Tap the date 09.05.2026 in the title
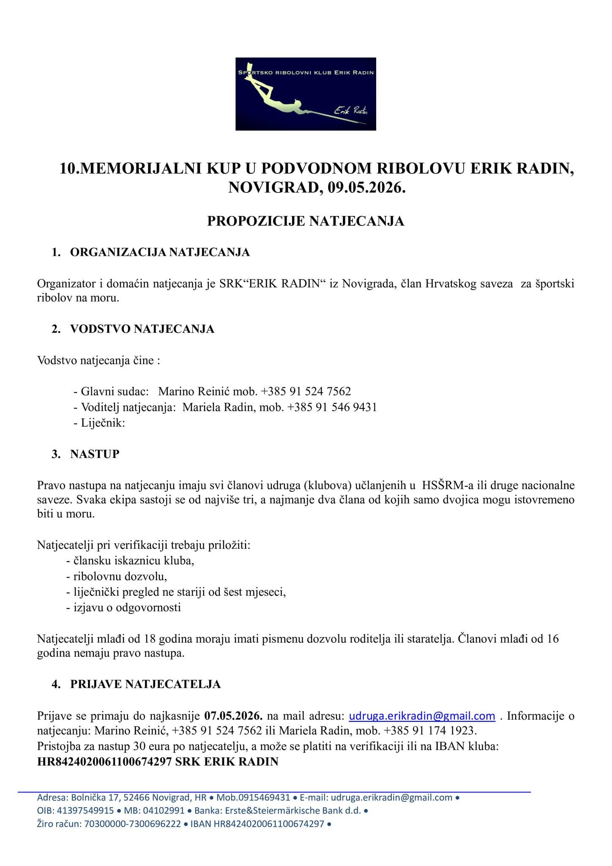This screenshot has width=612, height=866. point(366,187)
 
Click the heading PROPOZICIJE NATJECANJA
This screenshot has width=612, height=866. point(306,221)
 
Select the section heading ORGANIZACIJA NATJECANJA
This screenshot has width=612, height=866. point(160,252)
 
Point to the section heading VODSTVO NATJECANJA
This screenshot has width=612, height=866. point(142,329)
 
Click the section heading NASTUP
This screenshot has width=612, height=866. point(95,454)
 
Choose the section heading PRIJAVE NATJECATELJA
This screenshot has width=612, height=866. point(145,684)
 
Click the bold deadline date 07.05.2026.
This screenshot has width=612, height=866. point(233,716)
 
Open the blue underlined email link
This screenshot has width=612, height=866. point(422,716)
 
